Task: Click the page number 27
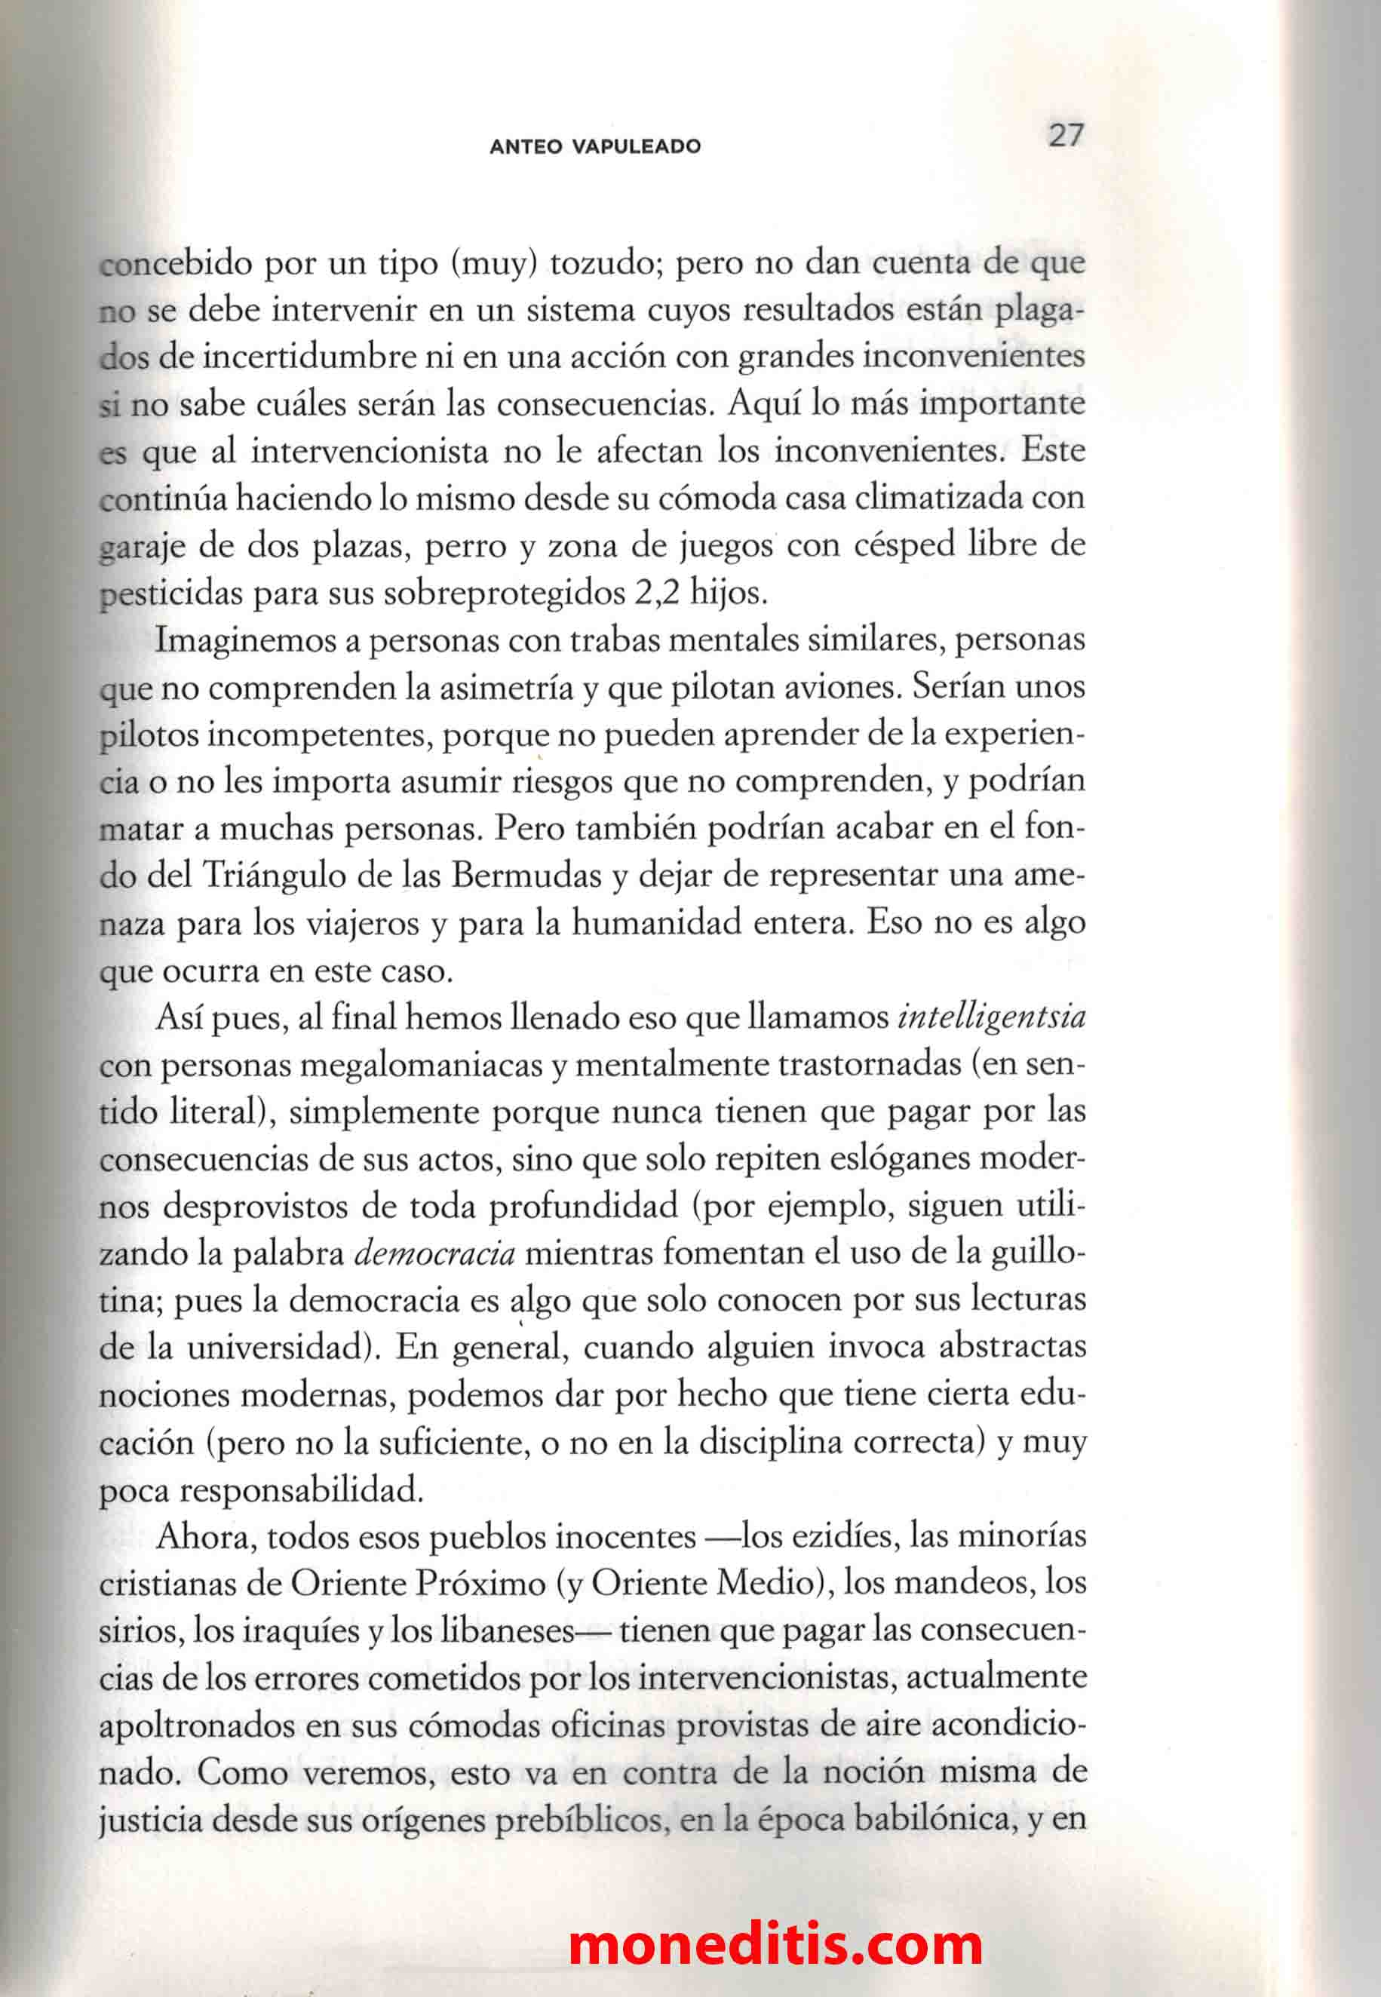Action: (x=1065, y=135)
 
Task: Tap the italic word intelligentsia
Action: (x=992, y=1017)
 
